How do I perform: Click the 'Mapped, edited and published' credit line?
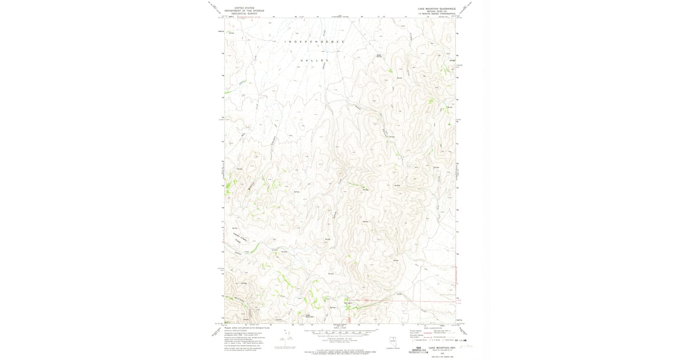(x=248, y=328)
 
